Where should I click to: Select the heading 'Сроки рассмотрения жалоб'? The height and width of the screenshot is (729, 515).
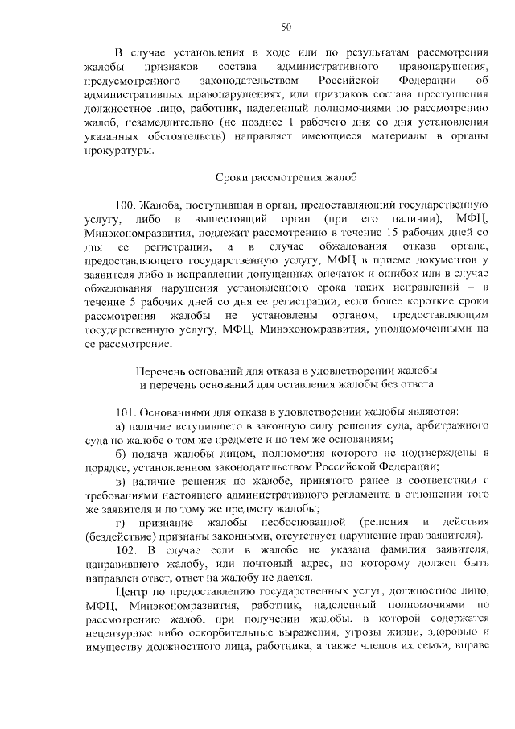[x=286, y=176]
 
